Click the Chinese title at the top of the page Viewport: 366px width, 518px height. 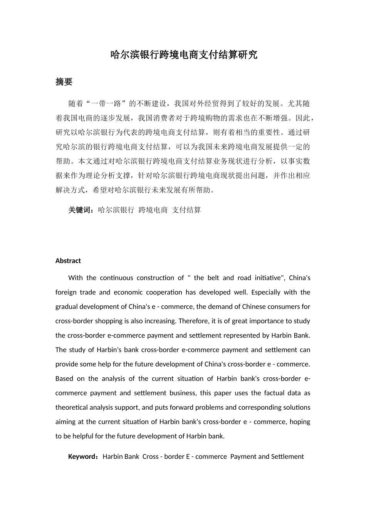click(183, 55)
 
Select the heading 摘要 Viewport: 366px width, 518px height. click(64, 82)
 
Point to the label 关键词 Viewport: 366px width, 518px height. click(80, 210)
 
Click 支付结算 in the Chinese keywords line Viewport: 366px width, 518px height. click(186, 210)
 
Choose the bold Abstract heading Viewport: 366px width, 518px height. click(68, 261)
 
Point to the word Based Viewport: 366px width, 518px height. click(64, 378)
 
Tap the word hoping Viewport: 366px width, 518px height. click(300, 422)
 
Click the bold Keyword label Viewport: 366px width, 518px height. click(82, 457)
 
